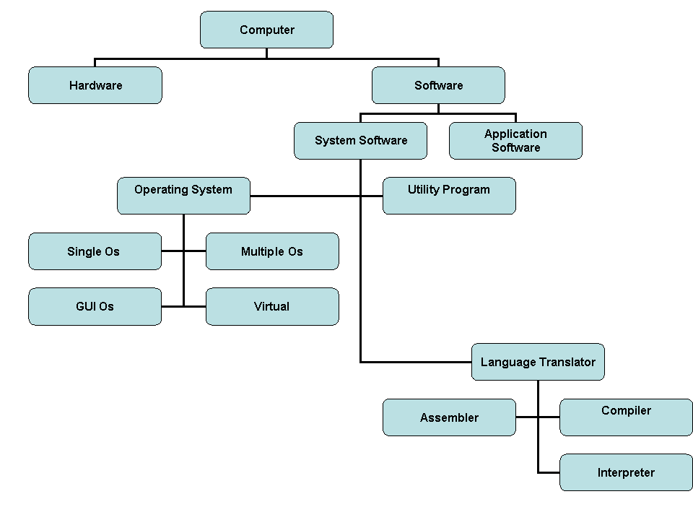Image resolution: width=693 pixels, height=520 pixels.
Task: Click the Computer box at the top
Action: pos(266,30)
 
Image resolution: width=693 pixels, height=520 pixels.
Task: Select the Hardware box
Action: pos(95,85)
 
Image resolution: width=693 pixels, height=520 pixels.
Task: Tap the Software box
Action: pos(438,85)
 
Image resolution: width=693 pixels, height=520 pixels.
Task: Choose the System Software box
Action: pos(360,140)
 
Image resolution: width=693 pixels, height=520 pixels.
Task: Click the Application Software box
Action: pos(515,140)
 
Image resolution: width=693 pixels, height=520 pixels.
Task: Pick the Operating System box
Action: pos(183,196)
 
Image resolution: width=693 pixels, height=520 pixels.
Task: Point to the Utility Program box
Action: pos(449,196)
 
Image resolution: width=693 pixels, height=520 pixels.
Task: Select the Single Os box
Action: pos(95,251)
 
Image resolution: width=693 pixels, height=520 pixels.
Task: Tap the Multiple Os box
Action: pos(272,251)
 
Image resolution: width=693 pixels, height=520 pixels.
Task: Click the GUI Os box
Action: pos(95,306)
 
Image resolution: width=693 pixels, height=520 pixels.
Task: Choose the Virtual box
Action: pos(272,306)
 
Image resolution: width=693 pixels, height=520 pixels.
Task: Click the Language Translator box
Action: pos(538,362)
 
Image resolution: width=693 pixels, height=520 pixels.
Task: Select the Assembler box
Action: pos(449,417)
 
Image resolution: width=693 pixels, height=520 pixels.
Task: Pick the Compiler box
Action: pos(626,417)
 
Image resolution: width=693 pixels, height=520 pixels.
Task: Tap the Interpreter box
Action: pos(626,472)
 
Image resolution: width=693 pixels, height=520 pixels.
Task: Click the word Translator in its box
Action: pos(566,362)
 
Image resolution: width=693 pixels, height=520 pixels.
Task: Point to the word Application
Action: pos(515,134)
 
